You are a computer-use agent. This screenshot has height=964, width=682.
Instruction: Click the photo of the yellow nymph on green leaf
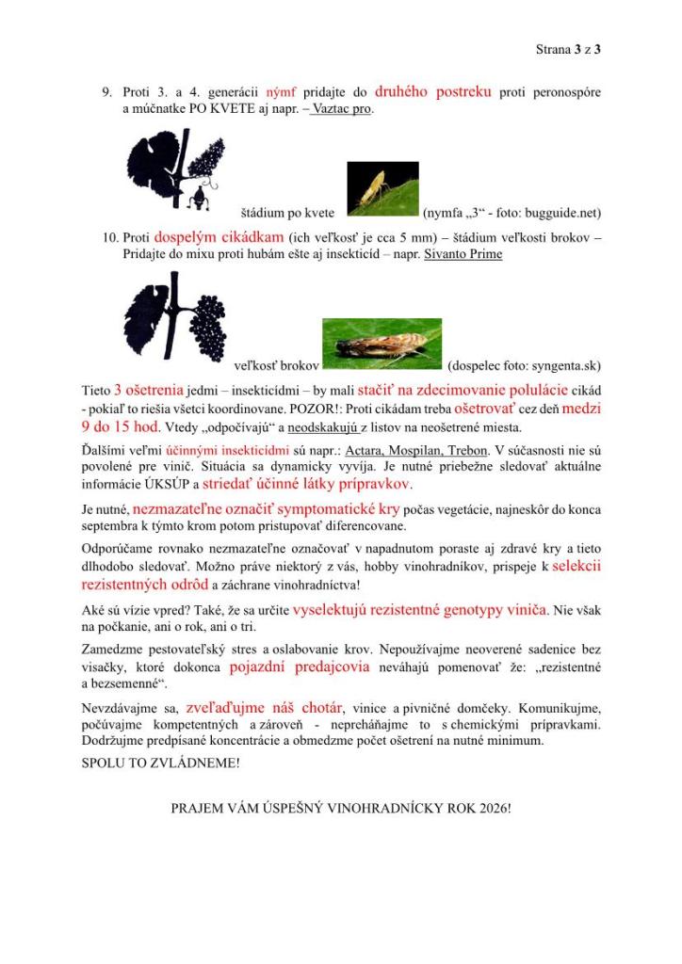click(382, 189)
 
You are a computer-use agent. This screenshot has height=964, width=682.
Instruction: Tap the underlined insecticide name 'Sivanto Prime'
click(463, 254)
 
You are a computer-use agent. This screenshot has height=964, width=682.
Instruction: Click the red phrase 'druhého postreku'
click(432, 92)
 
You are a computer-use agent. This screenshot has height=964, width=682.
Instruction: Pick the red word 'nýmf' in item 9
click(280, 93)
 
